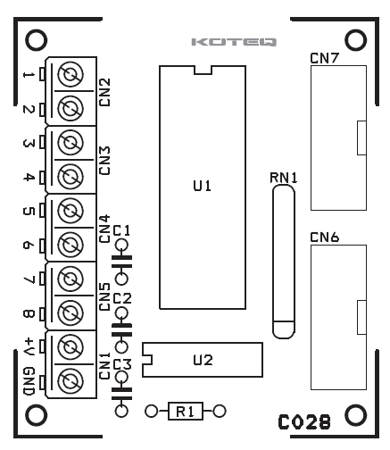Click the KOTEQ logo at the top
234,42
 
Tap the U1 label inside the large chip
203,186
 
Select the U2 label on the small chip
203,360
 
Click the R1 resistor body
186,412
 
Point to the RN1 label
284,178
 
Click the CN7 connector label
324,58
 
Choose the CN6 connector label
324,237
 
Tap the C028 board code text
304,422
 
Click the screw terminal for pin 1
71,74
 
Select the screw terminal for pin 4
71,177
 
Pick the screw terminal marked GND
71,381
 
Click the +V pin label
29,346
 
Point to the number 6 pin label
29,246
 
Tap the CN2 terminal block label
104,92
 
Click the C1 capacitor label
121,230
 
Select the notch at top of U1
203,70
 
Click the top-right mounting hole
355,40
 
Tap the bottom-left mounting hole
37,415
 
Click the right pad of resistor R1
220,412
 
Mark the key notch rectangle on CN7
361,137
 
